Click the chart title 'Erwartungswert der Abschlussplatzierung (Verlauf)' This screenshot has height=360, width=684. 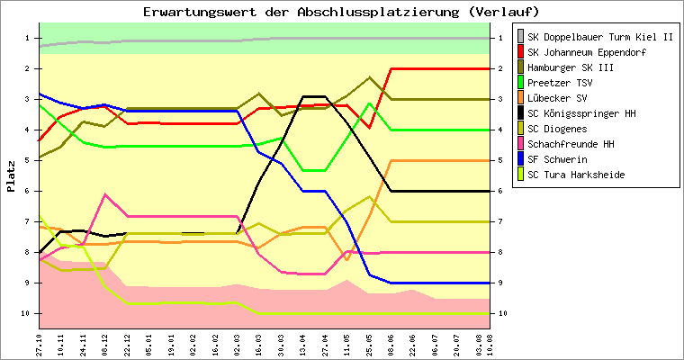(341, 12)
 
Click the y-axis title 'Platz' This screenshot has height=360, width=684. (12, 176)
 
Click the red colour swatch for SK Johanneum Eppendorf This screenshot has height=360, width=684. (519, 52)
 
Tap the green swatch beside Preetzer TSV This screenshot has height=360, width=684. (519, 83)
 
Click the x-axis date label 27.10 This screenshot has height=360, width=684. (40, 344)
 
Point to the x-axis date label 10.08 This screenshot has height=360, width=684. (490, 344)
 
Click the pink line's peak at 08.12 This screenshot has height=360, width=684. (105, 194)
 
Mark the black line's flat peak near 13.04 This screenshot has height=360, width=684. (313, 96)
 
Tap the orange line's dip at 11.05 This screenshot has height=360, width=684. (346, 259)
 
